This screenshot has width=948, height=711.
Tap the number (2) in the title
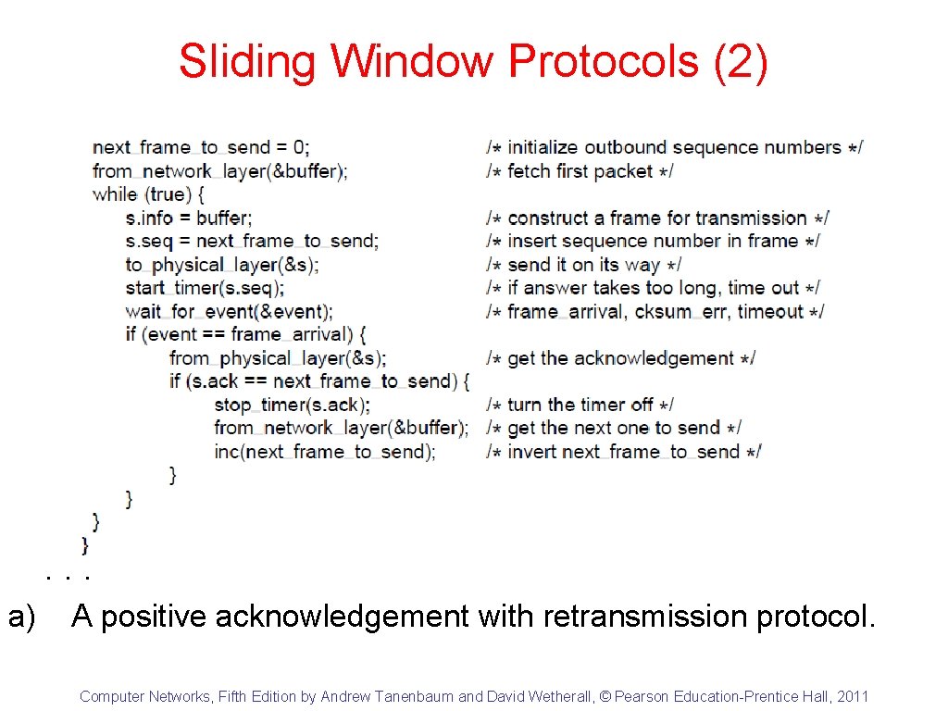coord(742,62)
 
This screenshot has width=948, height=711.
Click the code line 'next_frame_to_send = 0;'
coord(202,147)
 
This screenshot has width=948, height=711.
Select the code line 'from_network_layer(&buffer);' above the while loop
coord(220,171)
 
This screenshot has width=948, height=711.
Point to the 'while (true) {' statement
coord(148,194)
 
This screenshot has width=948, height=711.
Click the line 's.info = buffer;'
coord(189,218)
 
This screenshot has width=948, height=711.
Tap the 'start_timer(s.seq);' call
coord(205,288)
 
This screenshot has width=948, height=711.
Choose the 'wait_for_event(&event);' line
coord(229,312)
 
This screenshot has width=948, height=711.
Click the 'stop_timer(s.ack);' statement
coord(292,405)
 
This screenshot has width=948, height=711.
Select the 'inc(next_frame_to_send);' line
coord(324,452)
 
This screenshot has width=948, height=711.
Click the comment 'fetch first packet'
coord(580,171)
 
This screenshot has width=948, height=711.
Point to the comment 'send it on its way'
coord(584,265)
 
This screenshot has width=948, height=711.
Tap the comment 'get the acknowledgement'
coord(621,358)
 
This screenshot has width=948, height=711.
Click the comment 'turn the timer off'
coord(580,405)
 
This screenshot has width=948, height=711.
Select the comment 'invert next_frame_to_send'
coord(624,452)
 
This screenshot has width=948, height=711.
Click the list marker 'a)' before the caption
coord(22,616)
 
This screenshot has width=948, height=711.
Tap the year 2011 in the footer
coord(852,696)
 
